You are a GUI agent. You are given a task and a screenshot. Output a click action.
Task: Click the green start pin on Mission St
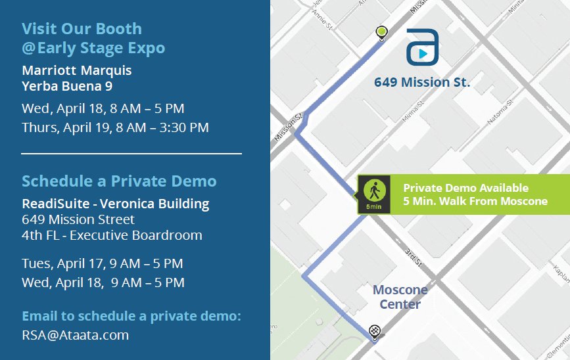381,31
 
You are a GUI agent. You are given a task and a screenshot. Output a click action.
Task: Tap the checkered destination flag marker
375,330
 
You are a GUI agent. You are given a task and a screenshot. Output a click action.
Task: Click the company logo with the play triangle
422,47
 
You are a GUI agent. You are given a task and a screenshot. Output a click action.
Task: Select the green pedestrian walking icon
374,191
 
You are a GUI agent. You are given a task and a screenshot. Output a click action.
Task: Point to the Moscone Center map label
400,297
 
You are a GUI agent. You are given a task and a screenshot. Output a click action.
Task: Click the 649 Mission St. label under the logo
422,83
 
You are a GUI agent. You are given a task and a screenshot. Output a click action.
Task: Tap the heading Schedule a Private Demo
119,181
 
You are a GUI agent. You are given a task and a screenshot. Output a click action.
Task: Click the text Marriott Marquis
77,70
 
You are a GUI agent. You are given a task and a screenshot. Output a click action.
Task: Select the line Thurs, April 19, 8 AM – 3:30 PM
115,127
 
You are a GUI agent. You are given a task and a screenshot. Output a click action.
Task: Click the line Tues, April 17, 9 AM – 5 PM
102,263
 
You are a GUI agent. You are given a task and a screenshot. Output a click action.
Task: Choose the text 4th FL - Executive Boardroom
112,235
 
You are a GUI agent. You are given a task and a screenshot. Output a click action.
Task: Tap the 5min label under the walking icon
374,207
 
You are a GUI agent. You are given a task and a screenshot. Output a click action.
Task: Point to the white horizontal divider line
131,154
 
